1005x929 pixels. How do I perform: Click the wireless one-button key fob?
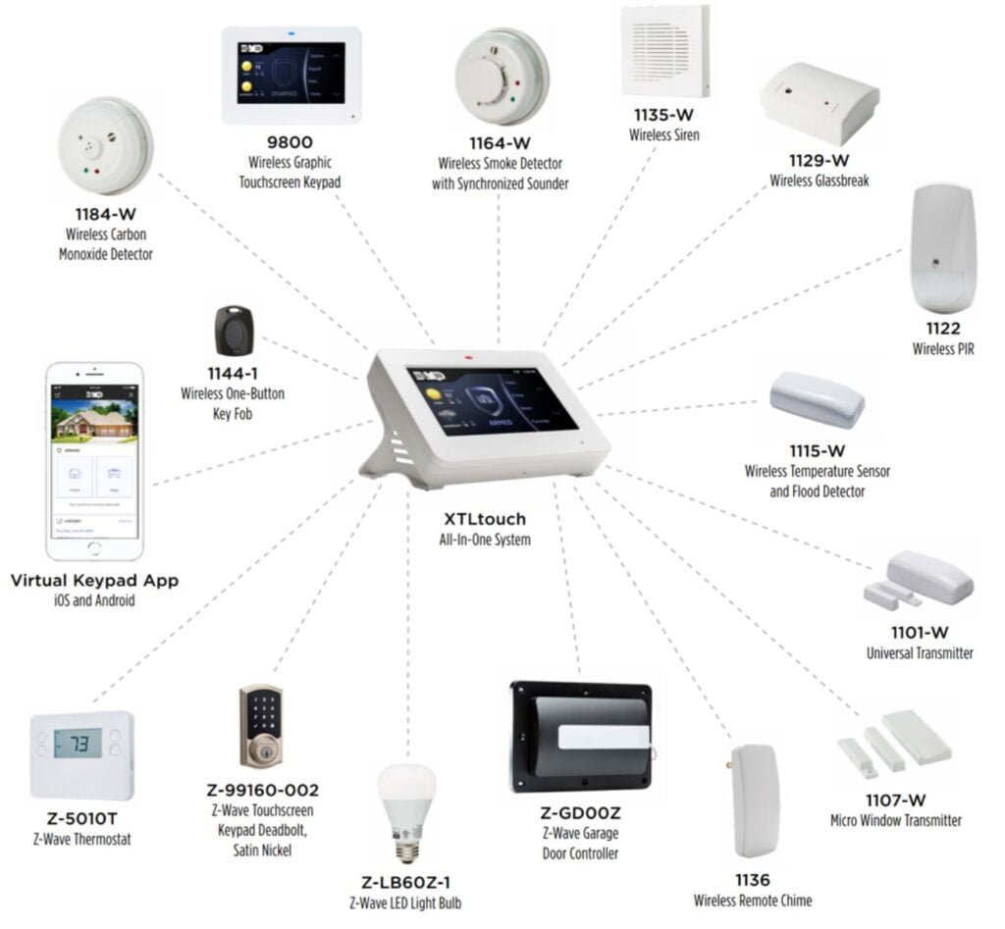[x=235, y=331]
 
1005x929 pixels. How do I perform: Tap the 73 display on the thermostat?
[x=78, y=744]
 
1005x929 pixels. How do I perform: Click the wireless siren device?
[x=664, y=51]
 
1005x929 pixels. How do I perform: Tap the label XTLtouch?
[x=485, y=519]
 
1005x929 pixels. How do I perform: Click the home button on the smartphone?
[x=94, y=545]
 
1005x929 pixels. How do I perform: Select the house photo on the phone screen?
[x=94, y=411]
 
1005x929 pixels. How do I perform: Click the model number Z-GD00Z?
[x=580, y=813]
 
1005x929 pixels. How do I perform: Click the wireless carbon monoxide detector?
[x=105, y=147]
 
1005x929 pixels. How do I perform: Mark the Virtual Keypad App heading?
[x=94, y=581]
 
